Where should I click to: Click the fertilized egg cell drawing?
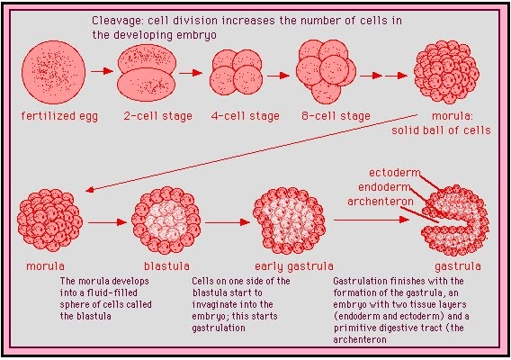click(x=53, y=72)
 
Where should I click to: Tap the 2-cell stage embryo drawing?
click(x=147, y=73)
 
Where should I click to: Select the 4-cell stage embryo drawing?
click(x=236, y=72)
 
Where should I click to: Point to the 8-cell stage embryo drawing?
click(x=326, y=72)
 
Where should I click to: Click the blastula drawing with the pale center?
click(x=166, y=220)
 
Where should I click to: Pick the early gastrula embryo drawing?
click(x=289, y=220)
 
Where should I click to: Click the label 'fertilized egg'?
click(x=59, y=116)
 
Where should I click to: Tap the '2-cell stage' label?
click(x=157, y=116)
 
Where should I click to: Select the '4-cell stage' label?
click(x=245, y=116)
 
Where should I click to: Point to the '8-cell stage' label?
click(x=336, y=116)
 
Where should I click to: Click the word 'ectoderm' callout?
click(x=394, y=173)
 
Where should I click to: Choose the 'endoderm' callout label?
click(x=384, y=187)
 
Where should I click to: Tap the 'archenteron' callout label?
click(x=380, y=202)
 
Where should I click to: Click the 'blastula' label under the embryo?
click(x=166, y=266)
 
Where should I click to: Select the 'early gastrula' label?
click(x=294, y=266)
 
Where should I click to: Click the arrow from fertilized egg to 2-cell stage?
click(x=102, y=71)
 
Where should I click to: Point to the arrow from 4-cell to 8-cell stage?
click(x=278, y=76)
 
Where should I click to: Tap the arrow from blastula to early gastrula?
click(x=228, y=222)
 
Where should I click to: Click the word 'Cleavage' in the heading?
click(x=117, y=21)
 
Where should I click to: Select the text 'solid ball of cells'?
click(x=441, y=130)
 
